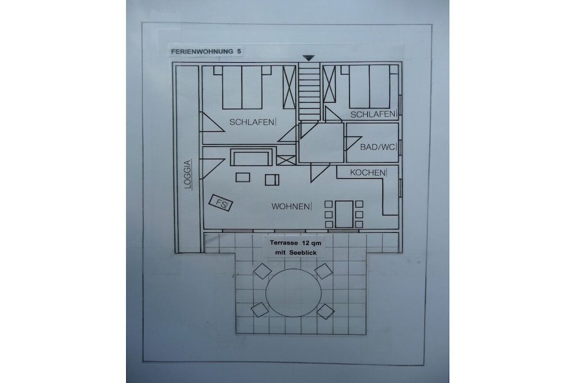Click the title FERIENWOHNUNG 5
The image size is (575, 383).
[x=206, y=52]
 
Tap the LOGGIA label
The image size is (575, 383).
[x=188, y=174]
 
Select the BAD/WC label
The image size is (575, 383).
[x=378, y=147]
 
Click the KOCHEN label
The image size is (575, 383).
[x=368, y=173]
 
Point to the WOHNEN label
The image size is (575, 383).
[x=290, y=206]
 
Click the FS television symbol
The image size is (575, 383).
[x=220, y=203]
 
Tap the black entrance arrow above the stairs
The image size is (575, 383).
[x=309, y=58]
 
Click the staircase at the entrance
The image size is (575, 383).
[x=309, y=91]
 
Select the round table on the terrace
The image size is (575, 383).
[x=293, y=292]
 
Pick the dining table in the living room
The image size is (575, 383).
[x=344, y=214]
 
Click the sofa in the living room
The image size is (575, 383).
[x=252, y=157]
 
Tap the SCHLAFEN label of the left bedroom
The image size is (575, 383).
[x=252, y=122]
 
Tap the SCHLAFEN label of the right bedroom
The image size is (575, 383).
[x=373, y=114]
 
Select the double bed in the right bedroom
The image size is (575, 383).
[x=369, y=87]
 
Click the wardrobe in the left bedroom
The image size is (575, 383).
[x=289, y=87]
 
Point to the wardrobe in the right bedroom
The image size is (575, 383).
[x=329, y=84]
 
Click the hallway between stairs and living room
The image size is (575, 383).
[x=322, y=142]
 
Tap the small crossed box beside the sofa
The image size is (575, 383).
[x=286, y=160]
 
